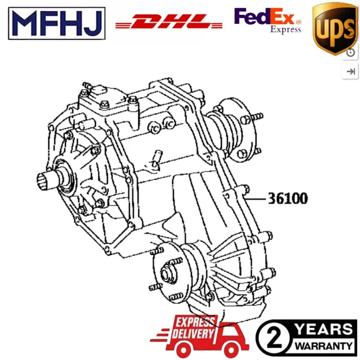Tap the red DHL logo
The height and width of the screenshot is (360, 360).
coord(169,22)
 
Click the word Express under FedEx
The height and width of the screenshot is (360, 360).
coord(285,30)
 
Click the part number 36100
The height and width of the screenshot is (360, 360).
coord(288,198)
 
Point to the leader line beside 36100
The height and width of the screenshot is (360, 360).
coord(256,198)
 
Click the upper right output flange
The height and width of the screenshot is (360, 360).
coord(243,130)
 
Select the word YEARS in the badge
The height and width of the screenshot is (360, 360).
coord(323,329)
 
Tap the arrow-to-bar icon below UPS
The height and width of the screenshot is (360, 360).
coord(351,71)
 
